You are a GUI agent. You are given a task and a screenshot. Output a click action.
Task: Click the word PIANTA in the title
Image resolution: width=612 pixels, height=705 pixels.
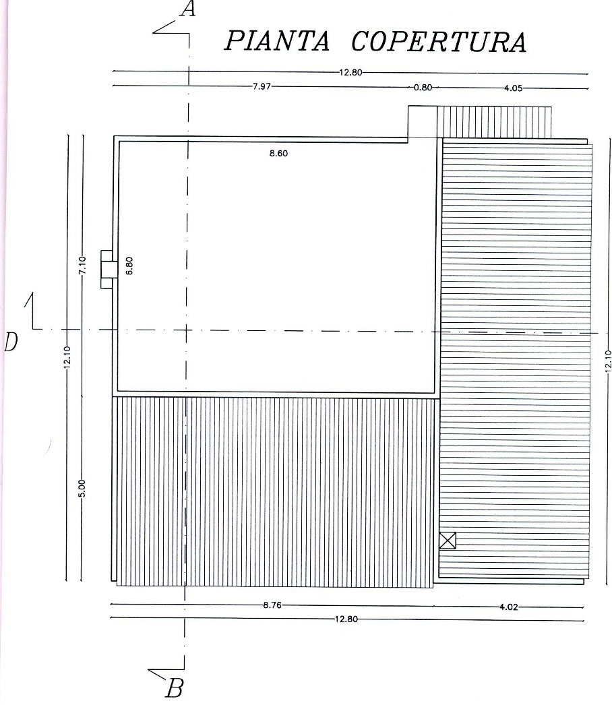coord(276,41)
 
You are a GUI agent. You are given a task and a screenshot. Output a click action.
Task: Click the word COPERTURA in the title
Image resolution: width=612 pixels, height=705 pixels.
coord(438,42)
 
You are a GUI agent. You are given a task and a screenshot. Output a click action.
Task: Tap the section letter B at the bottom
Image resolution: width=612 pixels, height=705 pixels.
coord(175,688)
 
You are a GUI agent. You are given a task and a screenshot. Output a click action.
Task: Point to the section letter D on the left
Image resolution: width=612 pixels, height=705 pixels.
coord(11,342)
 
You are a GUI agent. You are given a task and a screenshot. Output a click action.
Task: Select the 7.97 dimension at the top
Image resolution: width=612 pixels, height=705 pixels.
coord(262,86)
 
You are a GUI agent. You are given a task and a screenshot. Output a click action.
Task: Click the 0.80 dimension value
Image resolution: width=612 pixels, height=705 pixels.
coord(423,88)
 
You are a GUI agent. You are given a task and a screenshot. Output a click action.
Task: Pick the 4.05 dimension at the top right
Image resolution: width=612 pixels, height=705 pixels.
coord(513,88)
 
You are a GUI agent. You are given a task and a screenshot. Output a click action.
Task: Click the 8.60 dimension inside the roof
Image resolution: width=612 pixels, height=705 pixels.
coord(278,153)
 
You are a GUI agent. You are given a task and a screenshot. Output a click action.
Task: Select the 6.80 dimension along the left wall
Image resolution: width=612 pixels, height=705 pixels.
coord(129,266)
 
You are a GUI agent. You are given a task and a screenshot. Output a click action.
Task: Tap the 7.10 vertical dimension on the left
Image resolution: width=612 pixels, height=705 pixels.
coord(82,266)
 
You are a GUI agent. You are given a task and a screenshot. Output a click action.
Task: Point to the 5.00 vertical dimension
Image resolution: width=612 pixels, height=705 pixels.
coord(82,489)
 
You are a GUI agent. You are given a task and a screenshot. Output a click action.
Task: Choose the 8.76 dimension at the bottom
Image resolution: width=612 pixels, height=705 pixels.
coord(272,605)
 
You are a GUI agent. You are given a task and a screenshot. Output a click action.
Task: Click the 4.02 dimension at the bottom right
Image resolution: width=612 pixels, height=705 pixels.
coord(509,607)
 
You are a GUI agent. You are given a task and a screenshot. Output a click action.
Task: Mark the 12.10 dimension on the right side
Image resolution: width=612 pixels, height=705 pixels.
coord(609,361)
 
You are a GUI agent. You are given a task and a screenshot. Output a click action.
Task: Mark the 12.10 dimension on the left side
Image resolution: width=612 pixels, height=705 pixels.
coord(67,357)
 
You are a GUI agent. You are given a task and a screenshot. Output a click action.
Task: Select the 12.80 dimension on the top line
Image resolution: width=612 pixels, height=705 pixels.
coord(350,72)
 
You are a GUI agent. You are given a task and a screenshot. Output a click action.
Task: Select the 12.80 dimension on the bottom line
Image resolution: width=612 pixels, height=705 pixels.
coord(346,619)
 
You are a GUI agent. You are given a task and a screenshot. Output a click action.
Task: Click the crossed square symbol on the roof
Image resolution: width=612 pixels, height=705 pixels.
coord(448,541)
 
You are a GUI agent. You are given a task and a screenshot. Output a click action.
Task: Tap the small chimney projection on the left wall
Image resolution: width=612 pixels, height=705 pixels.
coord(108,269)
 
